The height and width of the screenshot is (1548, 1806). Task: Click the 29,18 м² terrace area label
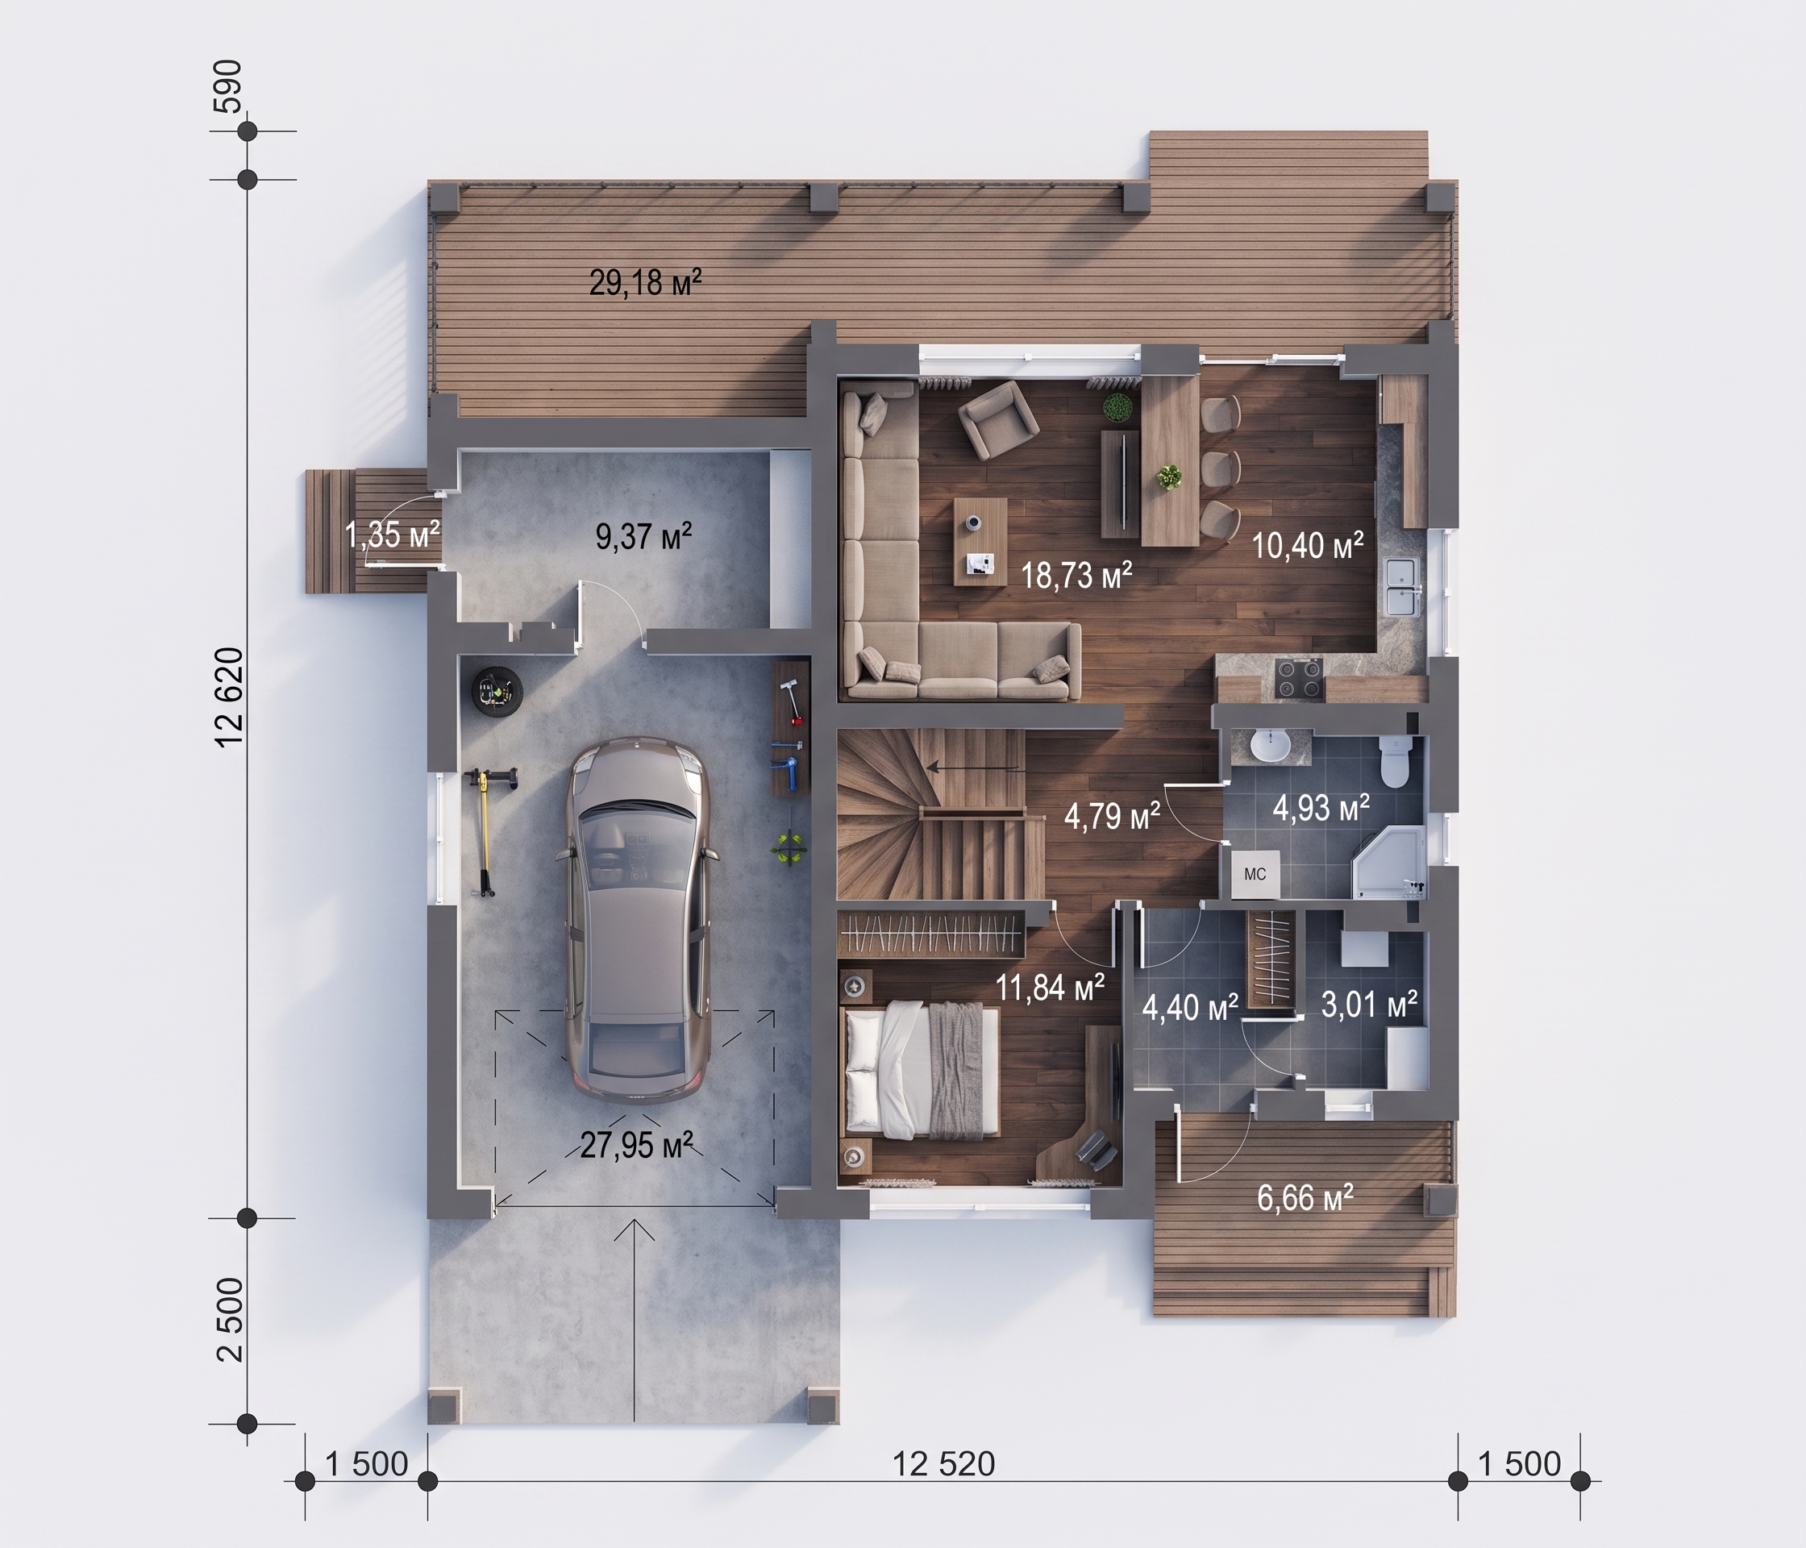click(646, 282)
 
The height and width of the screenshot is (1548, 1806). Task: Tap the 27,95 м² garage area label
click(636, 1144)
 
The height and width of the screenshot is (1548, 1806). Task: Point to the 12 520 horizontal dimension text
click(943, 1463)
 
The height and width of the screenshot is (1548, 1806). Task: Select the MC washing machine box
click(1255, 873)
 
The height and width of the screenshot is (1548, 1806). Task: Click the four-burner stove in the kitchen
click(1299, 678)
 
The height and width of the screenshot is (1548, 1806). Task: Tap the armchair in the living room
click(998, 419)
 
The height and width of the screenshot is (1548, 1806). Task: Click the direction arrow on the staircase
click(972, 768)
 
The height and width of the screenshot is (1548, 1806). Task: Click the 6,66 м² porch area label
click(1305, 1197)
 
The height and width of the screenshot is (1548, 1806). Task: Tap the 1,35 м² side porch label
click(392, 535)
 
